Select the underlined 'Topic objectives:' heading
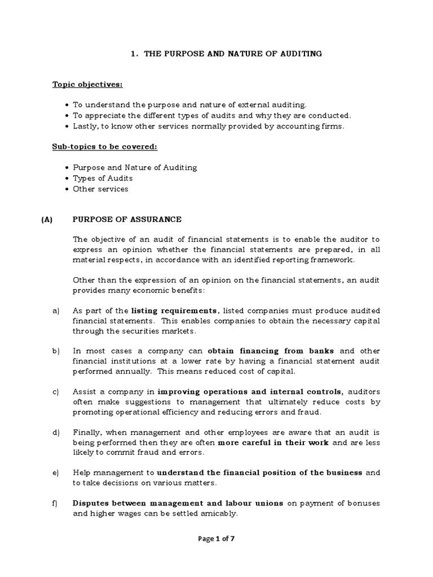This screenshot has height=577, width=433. [87, 85]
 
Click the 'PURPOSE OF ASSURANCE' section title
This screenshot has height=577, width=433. [127, 219]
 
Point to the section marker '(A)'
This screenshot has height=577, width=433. [46, 219]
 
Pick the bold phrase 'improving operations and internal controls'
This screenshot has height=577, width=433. [250, 392]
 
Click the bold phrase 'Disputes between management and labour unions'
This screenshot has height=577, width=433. [178, 503]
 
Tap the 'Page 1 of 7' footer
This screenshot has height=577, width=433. [216, 539]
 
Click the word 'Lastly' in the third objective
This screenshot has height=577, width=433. [85, 126]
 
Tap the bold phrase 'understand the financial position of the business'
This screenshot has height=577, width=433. [260, 472]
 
